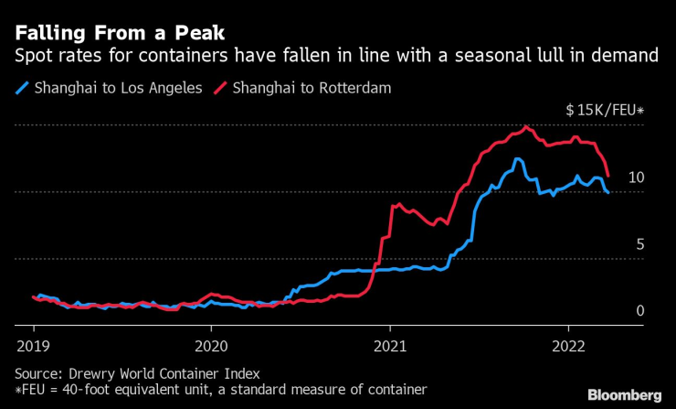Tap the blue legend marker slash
(22, 89)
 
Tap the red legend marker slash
(219, 89)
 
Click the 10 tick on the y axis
(638, 177)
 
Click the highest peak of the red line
(526, 126)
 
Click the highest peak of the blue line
(518, 159)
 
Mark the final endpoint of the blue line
(608, 192)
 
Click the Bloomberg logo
(624, 394)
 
